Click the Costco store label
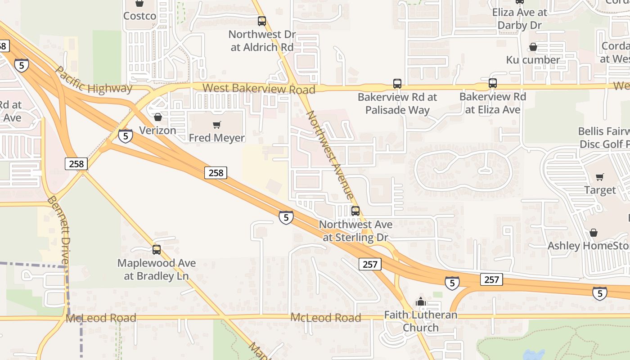[139, 16]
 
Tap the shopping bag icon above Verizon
[158, 117]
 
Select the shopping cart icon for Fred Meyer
[217, 125]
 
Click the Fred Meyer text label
[217, 138]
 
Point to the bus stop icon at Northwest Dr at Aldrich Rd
[261, 21]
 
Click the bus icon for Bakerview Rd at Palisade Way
[397, 83]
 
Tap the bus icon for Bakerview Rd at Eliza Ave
[492, 83]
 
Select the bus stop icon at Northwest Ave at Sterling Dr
[355, 211]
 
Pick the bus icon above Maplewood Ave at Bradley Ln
[156, 249]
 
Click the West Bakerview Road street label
[259, 88]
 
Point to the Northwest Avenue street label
[330, 154]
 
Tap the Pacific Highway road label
[94, 80]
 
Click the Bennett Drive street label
[59, 229]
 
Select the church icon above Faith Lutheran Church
[421, 301]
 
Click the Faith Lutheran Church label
[420, 321]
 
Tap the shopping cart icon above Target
[599, 177]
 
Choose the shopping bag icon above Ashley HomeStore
[594, 233]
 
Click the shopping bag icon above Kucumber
[533, 47]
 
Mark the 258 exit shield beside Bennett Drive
[76, 163]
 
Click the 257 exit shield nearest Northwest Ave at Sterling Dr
[370, 264]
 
